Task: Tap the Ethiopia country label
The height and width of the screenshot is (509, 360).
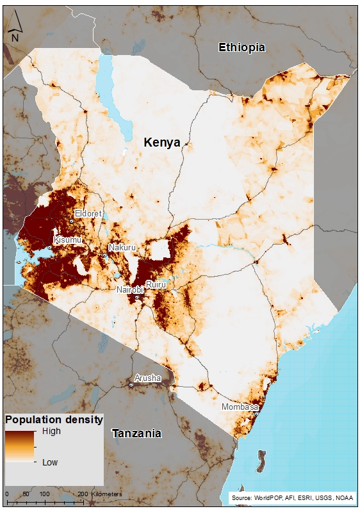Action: coord(241,47)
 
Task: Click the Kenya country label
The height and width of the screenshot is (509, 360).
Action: coord(161,142)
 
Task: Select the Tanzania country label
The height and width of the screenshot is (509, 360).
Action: coord(136,433)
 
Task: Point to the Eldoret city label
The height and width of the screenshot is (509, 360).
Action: coord(88,213)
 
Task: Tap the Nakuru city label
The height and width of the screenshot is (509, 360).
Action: coord(121,247)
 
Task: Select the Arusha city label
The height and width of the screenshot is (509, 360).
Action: coord(147,378)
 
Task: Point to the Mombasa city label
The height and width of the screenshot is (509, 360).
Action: coord(240,407)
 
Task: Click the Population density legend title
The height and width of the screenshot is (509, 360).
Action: coord(54,420)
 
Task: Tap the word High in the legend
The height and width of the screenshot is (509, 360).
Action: coord(51,432)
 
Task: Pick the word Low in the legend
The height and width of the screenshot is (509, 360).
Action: coord(51,462)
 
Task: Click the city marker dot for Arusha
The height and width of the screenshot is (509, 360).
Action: coord(131,385)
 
